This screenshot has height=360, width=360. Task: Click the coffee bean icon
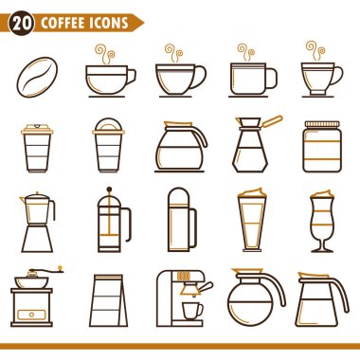tap(37, 77)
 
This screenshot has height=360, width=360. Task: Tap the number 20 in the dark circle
tap(22, 23)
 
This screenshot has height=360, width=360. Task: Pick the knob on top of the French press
tap(109, 189)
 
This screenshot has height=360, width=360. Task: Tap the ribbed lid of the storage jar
tap(322, 124)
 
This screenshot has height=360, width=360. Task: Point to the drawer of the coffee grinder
tap(31, 315)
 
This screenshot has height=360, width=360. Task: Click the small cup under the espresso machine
tap(192, 311)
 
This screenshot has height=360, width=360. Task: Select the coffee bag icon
tap(108, 300)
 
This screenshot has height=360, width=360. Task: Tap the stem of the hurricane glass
tap(322, 244)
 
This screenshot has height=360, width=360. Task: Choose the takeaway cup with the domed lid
tap(108, 145)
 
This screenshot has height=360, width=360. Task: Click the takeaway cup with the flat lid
tap(37, 148)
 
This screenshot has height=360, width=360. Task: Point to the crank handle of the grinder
tap(46, 271)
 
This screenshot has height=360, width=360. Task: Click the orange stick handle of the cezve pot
tap(272, 121)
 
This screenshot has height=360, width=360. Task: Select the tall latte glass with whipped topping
tap(252, 220)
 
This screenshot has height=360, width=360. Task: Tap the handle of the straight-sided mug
tap(272, 79)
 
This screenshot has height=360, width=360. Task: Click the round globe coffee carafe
tap(257, 297)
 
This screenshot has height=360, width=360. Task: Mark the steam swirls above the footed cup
tap(315, 50)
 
